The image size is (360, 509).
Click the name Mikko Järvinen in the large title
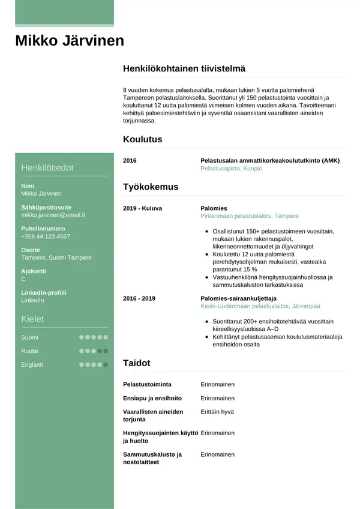[70, 41]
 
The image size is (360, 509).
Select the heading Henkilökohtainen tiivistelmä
[184, 69]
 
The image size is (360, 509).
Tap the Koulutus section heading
[142, 139]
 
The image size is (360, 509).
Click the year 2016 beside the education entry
[130, 161]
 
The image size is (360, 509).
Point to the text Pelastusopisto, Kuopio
[231, 169]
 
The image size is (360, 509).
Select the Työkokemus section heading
[151, 187]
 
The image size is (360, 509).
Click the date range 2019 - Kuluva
[142, 208]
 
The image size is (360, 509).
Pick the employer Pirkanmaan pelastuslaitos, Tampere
[249, 216]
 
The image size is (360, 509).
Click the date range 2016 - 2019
[139, 298]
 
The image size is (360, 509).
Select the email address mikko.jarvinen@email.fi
[53, 215]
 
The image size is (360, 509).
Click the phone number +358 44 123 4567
[46, 236]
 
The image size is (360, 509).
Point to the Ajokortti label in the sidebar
[34, 271]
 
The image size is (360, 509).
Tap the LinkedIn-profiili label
[44, 292]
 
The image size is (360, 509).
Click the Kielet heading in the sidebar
[32, 319]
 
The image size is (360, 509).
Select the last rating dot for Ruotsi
[106, 351]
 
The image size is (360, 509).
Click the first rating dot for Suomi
[82, 337]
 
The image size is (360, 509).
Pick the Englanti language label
[32, 364]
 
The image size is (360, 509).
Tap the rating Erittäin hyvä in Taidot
[218, 412]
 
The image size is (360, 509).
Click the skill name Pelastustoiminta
[146, 384]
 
